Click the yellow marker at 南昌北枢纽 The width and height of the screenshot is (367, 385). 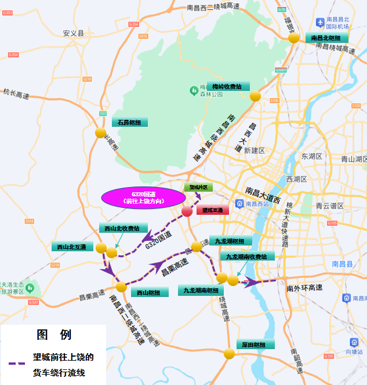tap(294, 38)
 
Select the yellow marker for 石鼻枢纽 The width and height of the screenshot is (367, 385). tap(101, 133)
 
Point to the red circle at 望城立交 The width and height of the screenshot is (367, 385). tap(187, 211)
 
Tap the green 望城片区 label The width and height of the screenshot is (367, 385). tap(199, 187)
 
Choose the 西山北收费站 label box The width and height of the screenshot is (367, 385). tap(122, 228)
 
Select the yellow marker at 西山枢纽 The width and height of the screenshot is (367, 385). tap(121, 287)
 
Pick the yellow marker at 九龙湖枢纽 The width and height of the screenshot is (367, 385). tap(197, 247)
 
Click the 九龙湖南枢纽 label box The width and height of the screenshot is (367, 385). tap(201, 290)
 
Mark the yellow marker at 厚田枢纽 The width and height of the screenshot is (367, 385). tap(230, 353)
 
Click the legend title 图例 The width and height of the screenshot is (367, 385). tap(54, 335)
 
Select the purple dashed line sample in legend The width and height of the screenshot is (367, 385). tap(17, 363)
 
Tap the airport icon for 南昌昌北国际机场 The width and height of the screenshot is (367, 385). tap(320, 22)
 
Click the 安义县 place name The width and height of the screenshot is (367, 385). tap(74, 34)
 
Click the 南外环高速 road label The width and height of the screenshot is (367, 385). tap(304, 288)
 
